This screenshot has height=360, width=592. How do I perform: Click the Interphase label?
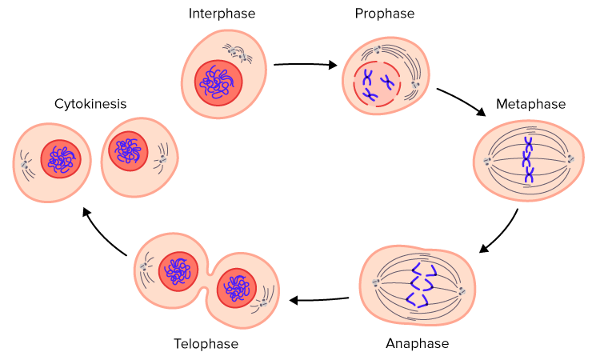[221, 14]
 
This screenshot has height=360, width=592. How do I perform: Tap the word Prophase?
[385, 14]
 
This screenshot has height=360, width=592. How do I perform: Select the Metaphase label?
[530, 104]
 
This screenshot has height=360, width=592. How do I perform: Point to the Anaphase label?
[417, 343]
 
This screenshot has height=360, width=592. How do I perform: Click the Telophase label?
[206, 344]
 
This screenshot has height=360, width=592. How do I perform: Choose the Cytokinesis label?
[90, 104]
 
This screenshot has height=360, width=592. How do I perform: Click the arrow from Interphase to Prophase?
[305, 65]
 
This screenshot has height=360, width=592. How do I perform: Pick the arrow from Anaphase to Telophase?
[319, 300]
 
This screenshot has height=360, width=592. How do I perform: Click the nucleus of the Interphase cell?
[218, 81]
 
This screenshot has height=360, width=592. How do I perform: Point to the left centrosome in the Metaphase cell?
[487, 161]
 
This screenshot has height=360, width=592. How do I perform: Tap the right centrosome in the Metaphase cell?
[570, 159]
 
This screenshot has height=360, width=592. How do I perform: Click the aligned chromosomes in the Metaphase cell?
[528, 160]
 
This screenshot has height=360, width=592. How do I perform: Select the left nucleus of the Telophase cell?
[178, 272]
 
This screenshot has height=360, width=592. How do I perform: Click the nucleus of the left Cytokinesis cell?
[61, 159]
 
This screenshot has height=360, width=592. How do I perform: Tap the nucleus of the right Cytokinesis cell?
[128, 150]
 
